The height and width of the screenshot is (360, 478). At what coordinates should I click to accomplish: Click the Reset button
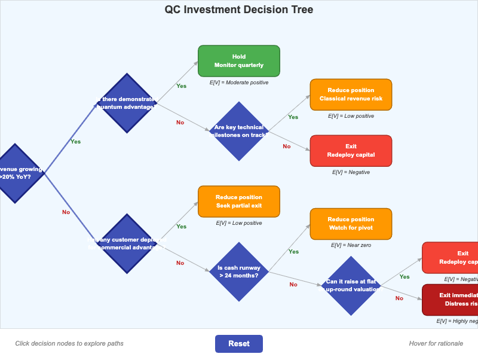click(x=238, y=344)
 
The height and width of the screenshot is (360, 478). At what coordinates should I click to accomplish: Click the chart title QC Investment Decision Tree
click(x=238, y=10)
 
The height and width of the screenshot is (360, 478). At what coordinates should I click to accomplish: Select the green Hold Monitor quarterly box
click(x=238, y=61)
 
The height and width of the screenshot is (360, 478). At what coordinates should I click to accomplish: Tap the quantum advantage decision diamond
click(x=126, y=103)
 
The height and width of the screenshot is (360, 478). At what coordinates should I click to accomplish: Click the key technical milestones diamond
click(x=239, y=131)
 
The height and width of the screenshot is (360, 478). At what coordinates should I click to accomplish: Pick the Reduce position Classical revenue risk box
click(x=351, y=94)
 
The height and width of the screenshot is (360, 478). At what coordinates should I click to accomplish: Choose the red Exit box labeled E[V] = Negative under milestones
click(x=351, y=151)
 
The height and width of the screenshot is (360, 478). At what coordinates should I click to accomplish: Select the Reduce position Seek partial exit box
click(x=238, y=202)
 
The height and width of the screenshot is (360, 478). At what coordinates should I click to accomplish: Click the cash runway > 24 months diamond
click(x=238, y=271)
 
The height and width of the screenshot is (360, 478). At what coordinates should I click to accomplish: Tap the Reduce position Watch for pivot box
click(x=351, y=224)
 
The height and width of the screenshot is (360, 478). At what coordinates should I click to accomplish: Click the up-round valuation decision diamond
click(x=351, y=285)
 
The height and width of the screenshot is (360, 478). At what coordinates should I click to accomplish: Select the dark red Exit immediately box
click(x=452, y=300)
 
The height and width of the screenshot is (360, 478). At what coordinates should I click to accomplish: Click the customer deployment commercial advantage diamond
click(x=126, y=243)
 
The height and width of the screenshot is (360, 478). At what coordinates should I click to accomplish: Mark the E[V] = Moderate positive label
click(x=238, y=83)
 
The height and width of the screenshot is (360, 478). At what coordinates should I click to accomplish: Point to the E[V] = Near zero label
click(x=351, y=245)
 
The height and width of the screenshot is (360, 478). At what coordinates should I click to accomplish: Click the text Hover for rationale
click(x=436, y=343)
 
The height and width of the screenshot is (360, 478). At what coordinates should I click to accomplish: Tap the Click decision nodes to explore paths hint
click(x=69, y=343)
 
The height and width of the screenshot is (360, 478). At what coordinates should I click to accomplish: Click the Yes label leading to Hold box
click(x=181, y=86)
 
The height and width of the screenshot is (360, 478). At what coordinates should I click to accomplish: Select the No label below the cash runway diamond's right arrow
click(x=293, y=285)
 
